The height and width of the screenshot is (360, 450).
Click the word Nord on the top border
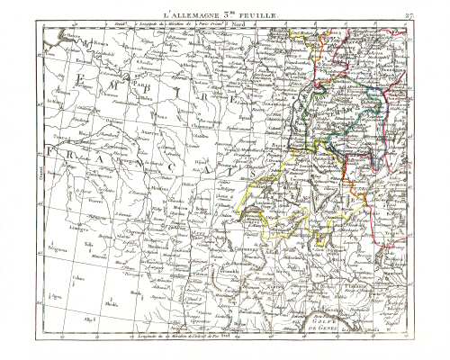coord(239,26)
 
